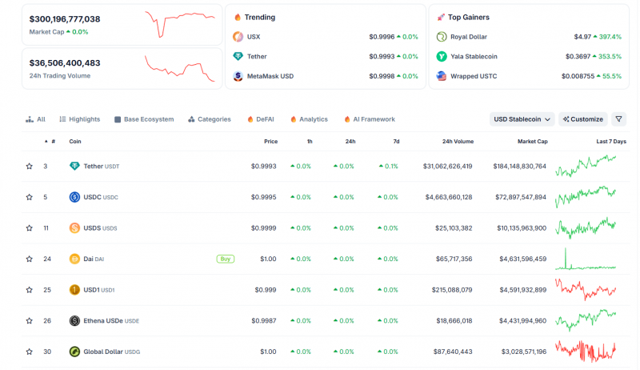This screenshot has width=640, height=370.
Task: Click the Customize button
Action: [x=583, y=119]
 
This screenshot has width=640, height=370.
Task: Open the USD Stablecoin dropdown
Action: [x=522, y=119]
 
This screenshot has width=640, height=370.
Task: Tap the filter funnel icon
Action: [x=618, y=119]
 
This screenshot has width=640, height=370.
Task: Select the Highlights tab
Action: [x=79, y=119]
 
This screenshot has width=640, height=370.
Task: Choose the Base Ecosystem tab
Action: [x=144, y=119]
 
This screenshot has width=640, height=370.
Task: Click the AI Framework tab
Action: [x=370, y=119]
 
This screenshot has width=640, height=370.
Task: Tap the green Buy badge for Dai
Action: [x=226, y=259]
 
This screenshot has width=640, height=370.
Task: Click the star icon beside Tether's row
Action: [x=30, y=167]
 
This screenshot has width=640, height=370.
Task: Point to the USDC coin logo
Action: [x=74, y=197]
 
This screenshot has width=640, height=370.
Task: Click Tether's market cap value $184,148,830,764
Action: [x=519, y=167]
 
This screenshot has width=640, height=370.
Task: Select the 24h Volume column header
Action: [x=458, y=141]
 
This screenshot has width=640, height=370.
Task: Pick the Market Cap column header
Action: [x=533, y=141]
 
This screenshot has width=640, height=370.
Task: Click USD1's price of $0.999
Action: [x=266, y=290]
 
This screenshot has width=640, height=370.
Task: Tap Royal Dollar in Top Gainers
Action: [x=469, y=37]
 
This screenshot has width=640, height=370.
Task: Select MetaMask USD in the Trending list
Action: [x=270, y=76]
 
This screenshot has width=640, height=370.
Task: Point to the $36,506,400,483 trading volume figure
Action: [x=65, y=63]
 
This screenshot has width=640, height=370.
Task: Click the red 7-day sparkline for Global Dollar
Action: [x=586, y=351]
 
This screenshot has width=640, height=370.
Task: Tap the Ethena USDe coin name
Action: [x=103, y=321]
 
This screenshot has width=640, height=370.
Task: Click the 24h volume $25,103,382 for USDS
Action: [x=454, y=228]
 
